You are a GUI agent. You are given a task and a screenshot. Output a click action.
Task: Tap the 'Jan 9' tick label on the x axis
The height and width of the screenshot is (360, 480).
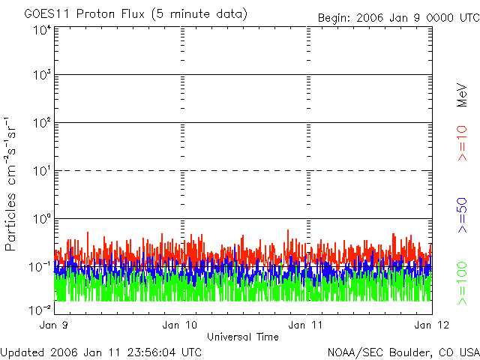54,325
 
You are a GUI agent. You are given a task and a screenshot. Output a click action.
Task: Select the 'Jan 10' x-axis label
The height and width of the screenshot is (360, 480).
181,325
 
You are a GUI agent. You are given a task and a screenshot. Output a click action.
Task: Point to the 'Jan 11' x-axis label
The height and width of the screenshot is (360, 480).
307,325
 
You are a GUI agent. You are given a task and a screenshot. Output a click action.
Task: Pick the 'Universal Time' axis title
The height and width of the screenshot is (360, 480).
242,337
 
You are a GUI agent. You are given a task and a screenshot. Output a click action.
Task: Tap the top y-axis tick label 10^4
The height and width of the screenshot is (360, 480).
40,30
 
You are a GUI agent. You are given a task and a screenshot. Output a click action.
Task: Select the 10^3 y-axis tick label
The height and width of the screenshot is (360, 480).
40,76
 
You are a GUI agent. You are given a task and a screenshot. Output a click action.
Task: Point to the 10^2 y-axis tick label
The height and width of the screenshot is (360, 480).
40,124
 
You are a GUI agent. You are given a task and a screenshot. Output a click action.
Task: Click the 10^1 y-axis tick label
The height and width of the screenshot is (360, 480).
40,172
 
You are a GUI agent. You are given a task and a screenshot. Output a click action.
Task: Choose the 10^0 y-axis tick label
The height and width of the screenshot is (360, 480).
40,220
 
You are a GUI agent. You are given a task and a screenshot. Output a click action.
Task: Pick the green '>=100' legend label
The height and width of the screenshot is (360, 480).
463,283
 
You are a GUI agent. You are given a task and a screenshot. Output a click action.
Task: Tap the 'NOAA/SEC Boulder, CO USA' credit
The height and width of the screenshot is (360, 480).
403,352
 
